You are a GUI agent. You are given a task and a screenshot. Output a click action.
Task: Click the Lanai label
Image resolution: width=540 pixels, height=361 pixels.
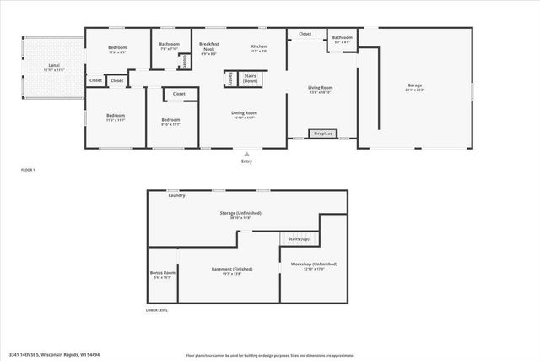53,65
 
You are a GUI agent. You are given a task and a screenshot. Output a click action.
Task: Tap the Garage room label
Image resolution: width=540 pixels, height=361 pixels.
414,85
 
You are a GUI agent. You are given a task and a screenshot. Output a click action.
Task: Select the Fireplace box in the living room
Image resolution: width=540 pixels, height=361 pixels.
322,134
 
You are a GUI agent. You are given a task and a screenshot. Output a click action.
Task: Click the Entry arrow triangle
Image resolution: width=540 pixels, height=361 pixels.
246,154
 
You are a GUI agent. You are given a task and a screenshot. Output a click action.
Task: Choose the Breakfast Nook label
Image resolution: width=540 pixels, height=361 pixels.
208,46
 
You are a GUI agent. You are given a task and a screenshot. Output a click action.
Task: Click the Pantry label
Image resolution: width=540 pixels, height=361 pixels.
229,78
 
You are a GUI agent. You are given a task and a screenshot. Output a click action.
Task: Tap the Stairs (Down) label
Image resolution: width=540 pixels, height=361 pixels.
249,77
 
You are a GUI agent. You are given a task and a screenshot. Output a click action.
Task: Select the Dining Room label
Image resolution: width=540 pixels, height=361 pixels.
245,113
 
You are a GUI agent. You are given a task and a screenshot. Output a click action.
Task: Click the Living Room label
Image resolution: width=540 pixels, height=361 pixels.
320,88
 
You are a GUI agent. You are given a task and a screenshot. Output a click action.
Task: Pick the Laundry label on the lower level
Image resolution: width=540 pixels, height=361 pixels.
176,196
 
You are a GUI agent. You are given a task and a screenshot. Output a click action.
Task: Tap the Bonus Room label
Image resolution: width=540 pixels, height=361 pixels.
162,273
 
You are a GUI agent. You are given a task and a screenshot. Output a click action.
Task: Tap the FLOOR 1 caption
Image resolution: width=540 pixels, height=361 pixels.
29,170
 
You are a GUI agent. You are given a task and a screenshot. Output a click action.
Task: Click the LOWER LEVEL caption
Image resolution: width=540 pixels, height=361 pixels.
157,310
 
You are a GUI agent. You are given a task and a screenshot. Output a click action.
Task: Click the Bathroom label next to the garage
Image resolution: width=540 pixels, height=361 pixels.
342,37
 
